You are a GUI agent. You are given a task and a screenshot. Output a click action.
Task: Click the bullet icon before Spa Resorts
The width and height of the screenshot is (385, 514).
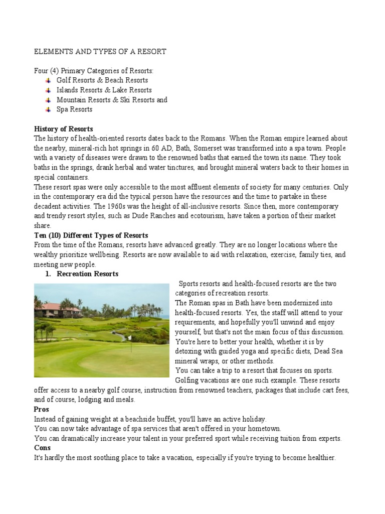[48, 109]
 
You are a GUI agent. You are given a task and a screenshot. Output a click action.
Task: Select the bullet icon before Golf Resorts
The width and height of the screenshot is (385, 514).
[48, 80]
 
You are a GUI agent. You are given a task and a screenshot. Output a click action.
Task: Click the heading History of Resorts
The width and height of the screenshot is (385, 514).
[63, 129]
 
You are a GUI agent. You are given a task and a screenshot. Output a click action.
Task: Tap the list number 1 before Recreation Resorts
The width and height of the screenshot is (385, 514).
[48, 274]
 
